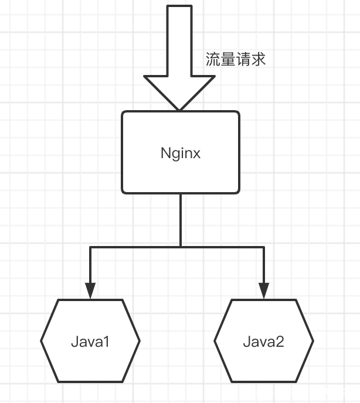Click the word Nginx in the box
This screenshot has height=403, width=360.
click(181, 153)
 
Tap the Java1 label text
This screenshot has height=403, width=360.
click(90, 341)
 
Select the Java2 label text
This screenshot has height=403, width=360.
click(263, 341)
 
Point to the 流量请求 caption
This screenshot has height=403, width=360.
click(236, 59)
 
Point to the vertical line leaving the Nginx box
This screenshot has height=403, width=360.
click(181, 220)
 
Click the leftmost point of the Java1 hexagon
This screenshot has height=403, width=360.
click(42, 340)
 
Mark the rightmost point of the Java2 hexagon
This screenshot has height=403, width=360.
click(313, 340)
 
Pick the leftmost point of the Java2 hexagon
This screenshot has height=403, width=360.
click(215, 340)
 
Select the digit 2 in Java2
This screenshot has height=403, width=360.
click(280, 341)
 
